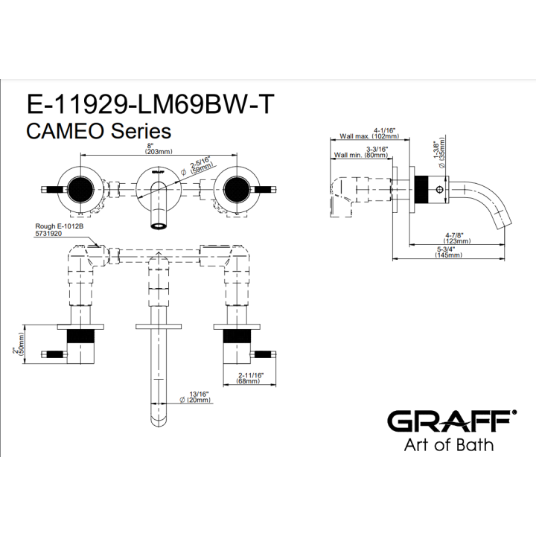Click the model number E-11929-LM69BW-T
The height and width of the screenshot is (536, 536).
150,104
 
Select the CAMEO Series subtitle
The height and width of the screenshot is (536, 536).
99,131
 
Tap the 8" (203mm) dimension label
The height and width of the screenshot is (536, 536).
159,149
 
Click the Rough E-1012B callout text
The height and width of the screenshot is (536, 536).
60,226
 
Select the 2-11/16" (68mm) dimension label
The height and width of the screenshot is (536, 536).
250,377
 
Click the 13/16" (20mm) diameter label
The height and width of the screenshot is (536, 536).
195,397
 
